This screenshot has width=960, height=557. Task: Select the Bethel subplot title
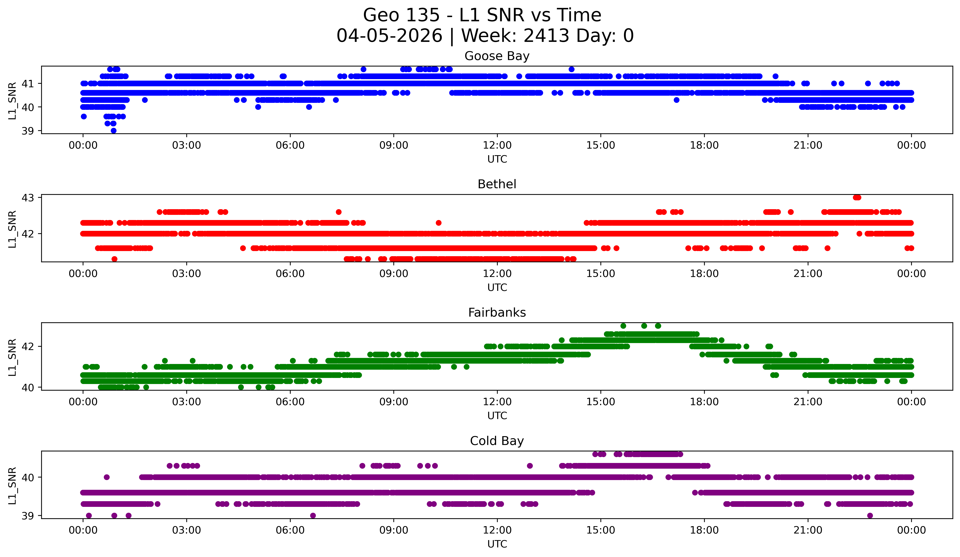point(497,184)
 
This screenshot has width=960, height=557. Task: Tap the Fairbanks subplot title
point(497,313)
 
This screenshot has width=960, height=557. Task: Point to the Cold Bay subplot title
point(497,441)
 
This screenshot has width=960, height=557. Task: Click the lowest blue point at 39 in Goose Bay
point(114,131)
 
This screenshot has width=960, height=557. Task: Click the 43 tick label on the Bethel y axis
point(28,198)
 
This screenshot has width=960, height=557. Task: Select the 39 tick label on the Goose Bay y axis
point(28,131)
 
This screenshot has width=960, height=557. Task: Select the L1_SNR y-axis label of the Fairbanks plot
point(12,357)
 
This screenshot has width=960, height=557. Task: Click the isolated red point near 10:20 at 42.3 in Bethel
point(438,223)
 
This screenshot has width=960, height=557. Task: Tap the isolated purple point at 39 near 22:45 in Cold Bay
point(870,515)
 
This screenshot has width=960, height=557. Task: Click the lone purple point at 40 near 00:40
point(107,477)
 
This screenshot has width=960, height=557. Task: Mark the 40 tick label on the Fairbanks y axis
point(28,387)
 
